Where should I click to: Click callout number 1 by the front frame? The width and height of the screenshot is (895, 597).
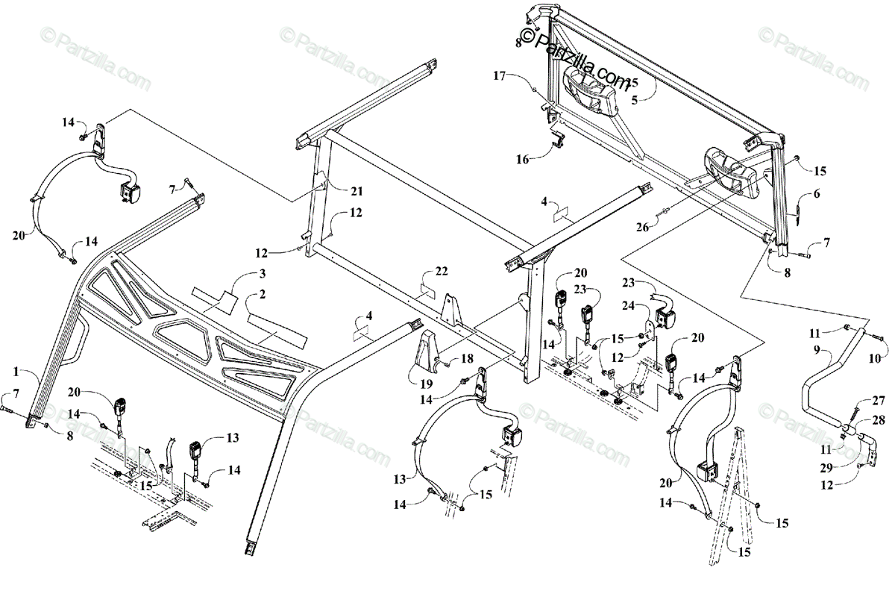point(16,371)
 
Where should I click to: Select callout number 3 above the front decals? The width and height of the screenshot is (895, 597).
point(262,273)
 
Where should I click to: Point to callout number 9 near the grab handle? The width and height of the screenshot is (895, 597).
point(817,349)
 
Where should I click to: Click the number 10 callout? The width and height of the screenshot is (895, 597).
point(875,360)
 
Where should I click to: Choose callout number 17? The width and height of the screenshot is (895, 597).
point(500,75)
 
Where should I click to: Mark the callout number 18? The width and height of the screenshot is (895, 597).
point(467,359)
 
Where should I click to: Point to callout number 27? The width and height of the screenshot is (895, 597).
point(878,401)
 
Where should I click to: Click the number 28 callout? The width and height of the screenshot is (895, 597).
point(877,421)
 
